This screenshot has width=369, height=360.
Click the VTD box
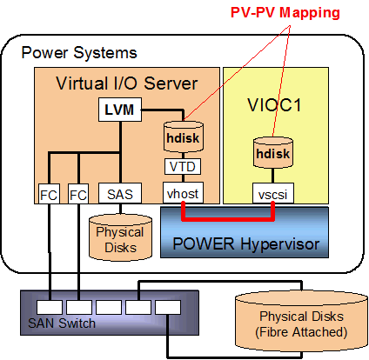(183, 165)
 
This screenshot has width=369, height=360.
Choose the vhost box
(183, 193)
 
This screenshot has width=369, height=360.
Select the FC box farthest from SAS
(50, 193)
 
